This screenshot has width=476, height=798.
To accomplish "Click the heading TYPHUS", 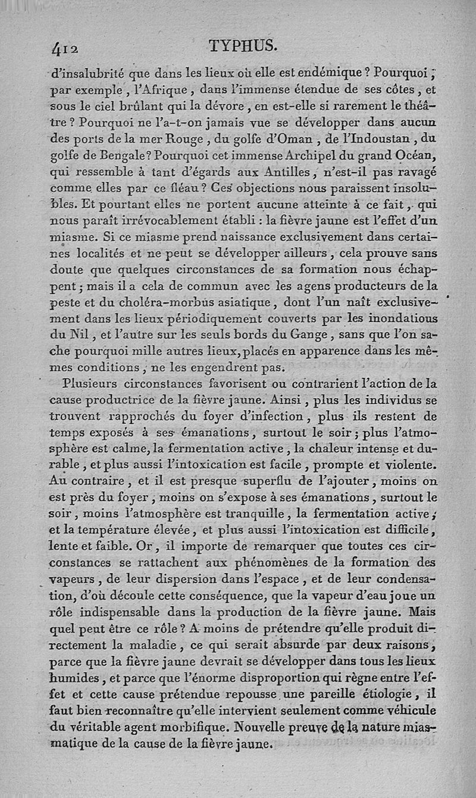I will coord(243,46).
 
